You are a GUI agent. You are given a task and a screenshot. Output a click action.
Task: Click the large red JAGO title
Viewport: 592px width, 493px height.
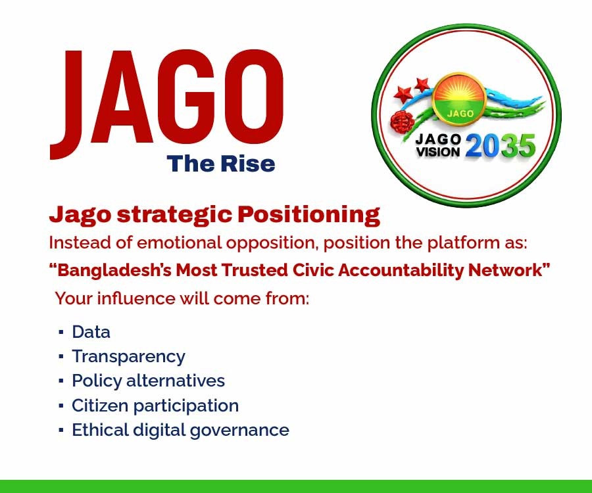[167, 105]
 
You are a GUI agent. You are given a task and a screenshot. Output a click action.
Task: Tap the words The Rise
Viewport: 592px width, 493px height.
[221, 164]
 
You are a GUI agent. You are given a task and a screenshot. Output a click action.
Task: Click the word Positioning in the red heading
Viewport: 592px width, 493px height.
[309, 215]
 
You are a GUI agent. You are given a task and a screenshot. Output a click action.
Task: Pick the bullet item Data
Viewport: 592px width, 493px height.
[91, 333]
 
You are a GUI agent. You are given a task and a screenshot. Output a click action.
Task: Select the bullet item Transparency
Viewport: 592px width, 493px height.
[129, 357]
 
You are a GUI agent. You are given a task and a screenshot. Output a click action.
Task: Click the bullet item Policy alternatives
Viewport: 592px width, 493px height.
[149, 381]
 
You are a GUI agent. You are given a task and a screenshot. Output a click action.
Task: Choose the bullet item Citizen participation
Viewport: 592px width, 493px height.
[155, 406]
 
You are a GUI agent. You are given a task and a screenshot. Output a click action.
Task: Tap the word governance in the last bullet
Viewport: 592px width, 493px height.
[239, 431]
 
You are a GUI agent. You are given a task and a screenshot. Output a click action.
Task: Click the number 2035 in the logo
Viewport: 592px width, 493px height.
[501, 146]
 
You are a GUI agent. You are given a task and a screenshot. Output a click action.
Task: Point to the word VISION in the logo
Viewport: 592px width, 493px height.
[438, 152]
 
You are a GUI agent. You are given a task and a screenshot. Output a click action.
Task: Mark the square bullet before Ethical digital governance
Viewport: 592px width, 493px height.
[61, 430]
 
